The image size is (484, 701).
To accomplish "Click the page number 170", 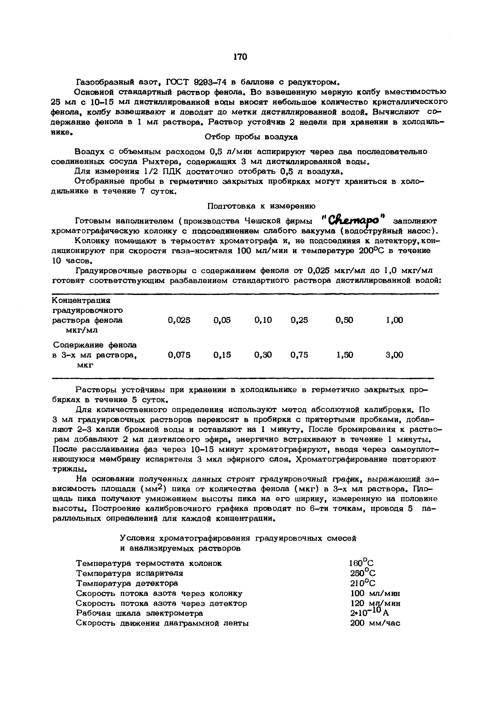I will [241, 57].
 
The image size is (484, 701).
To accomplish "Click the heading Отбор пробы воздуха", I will [251, 137].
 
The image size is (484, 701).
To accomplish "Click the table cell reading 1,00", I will [394, 320].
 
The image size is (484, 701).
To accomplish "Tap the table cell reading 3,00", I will [394, 355].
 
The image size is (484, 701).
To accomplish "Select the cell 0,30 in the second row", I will [263, 355].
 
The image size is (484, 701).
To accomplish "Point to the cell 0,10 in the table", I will [263, 320].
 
